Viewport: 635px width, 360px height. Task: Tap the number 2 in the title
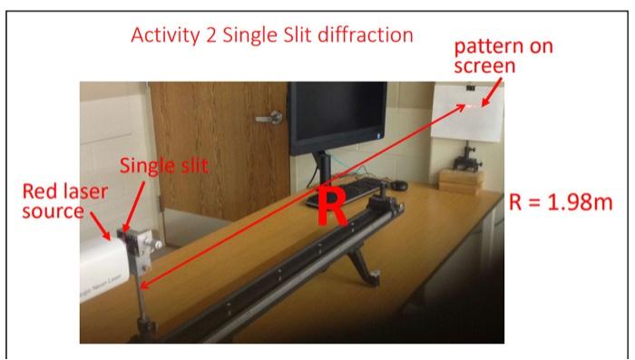(210, 37)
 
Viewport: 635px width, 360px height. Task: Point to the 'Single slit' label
(164, 165)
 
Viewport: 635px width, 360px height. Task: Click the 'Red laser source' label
(64, 201)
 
